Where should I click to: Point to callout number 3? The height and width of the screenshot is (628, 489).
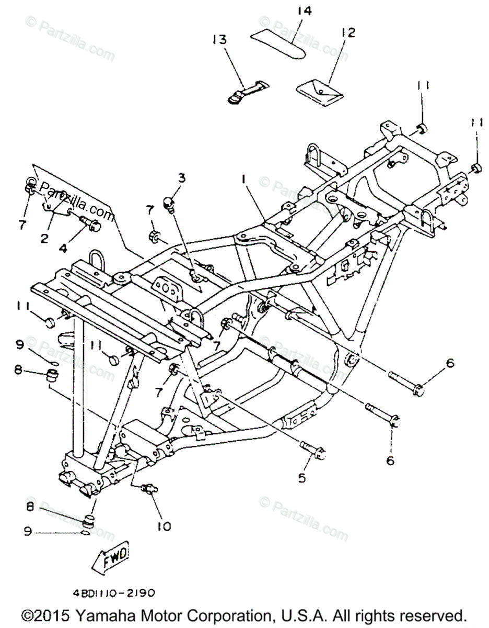pos(181,178)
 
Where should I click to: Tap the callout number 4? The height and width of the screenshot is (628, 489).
pos(63,249)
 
